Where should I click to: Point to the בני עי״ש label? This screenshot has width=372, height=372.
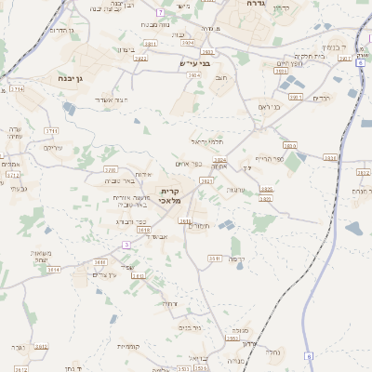click(x=193, y=63)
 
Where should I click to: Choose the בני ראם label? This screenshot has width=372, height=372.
click(x=271, y=107)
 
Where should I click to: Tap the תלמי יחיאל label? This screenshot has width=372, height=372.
click(x=208, y=140)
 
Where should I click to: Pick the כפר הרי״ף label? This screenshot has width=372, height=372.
click(x=270, y=158)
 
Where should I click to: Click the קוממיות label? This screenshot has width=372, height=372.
click(x=129, y=346)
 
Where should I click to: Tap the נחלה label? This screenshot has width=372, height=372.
click(x=272, y=352)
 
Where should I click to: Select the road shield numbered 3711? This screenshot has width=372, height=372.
click(x=49, y=131)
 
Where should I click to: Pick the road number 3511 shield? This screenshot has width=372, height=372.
click(x=214, y=259)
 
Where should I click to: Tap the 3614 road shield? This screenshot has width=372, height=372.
click(x=52, y=270)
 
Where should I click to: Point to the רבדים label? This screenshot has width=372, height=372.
click(x=322, y=98)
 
